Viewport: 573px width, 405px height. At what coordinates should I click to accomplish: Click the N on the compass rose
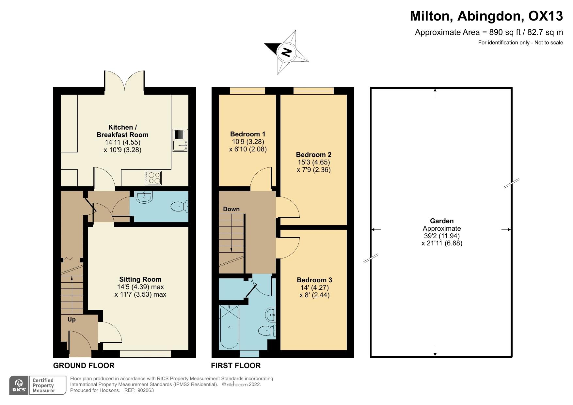[x=286, y=52]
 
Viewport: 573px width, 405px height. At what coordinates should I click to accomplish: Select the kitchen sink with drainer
[x=180, y=140]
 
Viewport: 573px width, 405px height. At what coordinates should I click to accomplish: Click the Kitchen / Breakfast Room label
[x=122, y=131]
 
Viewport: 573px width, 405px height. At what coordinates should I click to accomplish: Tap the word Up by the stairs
[x=72, y=319]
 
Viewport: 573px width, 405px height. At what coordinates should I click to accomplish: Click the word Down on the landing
[x=231, y=209]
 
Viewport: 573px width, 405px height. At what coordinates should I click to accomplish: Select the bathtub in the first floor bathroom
[x=229, y=327]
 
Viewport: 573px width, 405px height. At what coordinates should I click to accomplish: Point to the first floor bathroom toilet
[x=267, y=331]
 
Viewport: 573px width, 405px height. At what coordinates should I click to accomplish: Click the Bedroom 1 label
[x=247, y=134]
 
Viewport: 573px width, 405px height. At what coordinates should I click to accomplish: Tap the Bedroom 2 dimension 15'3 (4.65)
[x=313, y=162]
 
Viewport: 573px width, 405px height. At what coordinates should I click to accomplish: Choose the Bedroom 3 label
[x=314, y=280]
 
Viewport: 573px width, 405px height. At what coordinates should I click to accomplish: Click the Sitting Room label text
[x=140, y=279]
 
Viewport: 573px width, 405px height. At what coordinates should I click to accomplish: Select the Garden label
[x=441, y=221]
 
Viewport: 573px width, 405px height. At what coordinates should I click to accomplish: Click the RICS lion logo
[x=19, y=385]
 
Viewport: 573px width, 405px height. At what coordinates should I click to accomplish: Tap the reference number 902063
[x=146, y=390]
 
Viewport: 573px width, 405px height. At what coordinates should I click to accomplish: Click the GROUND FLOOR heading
[x=84, y=366]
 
